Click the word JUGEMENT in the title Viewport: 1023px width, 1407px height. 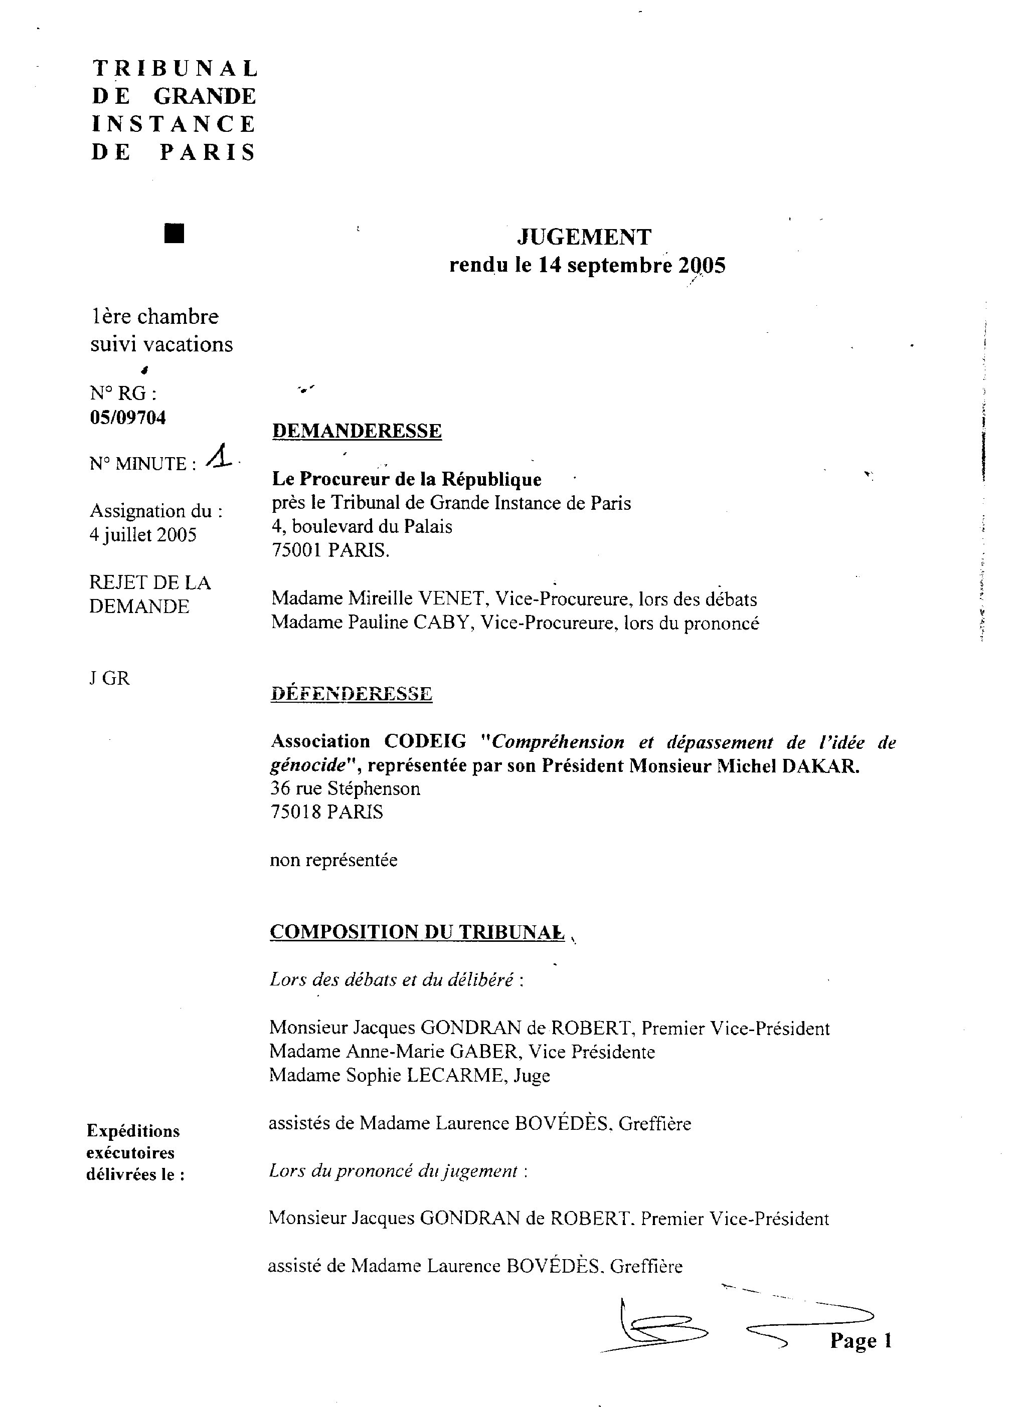(584, 237)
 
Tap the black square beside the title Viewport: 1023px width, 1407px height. (175, 234)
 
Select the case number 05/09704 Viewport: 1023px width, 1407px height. (128, 418)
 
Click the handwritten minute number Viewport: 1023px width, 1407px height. (219, 459)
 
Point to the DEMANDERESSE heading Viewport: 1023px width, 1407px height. (357, 431)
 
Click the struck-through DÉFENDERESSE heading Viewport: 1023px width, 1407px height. (352, 694)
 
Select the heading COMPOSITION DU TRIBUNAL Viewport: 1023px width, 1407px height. (417, 932)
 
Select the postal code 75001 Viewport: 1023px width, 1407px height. (297, 550)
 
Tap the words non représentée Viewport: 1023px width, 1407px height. (333, 861)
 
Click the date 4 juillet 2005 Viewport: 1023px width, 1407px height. (143, 535)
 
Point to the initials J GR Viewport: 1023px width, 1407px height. (109, 679)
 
